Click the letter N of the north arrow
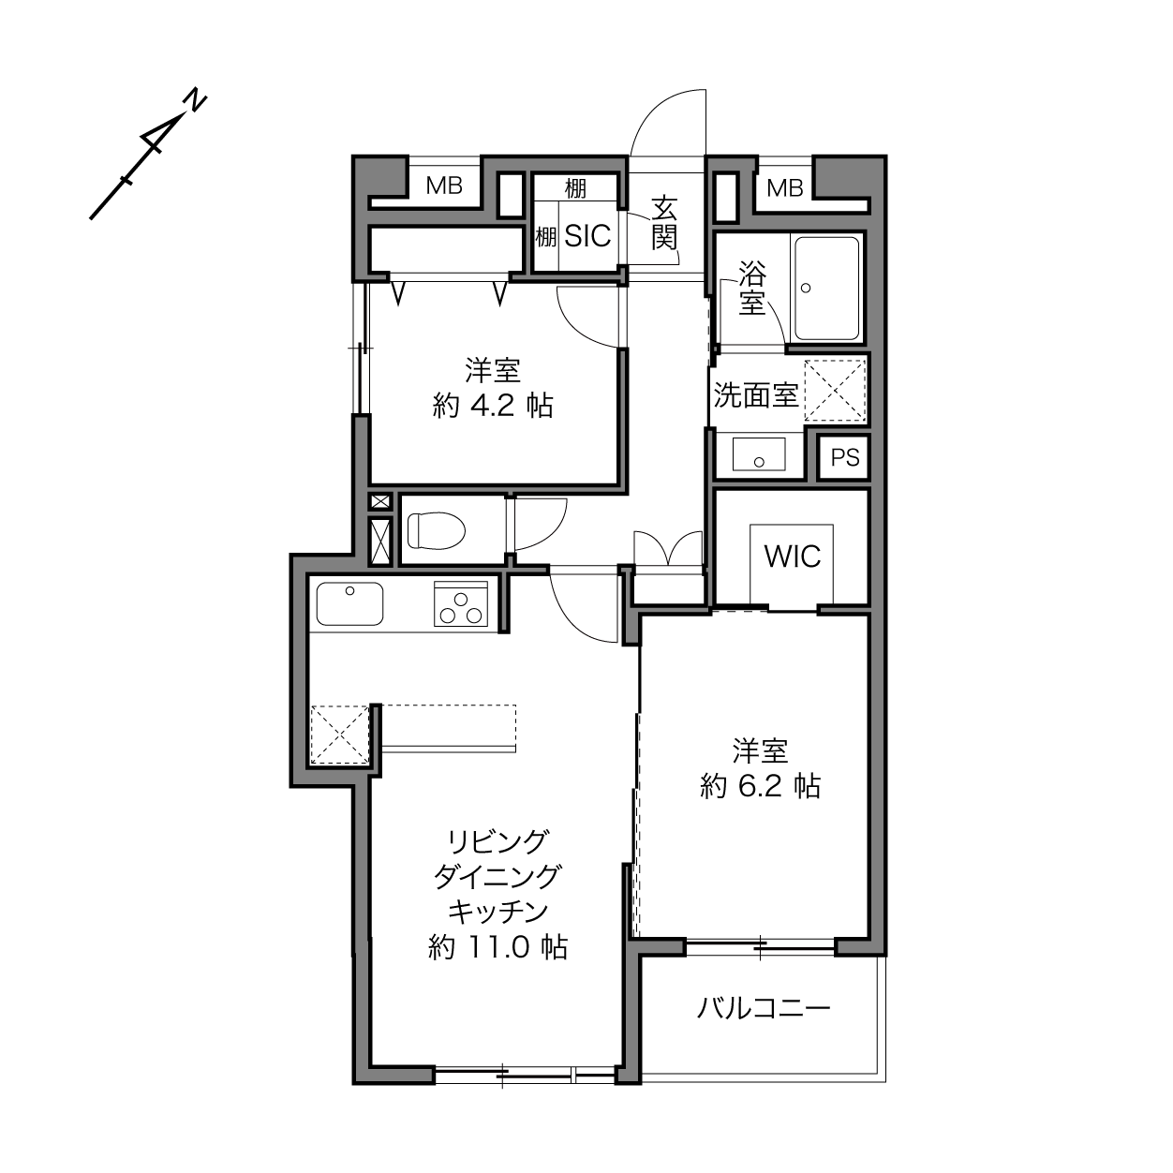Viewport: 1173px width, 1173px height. [x=195, y=100]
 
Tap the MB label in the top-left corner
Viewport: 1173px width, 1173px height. [x=444, y=186]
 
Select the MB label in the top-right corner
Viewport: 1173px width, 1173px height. [x=784, y=188]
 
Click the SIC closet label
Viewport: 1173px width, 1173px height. [x=587, y=235]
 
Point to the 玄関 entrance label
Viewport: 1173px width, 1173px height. [x=664, y=223]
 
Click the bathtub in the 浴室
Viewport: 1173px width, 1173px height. [x=827, y=290]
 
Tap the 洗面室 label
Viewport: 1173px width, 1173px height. [x=755, y=395]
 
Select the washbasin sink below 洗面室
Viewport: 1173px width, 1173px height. [x=759, y=453]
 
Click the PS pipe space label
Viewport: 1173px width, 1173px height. [x=845, y=456]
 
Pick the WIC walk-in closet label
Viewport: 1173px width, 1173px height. [x=793, y=556]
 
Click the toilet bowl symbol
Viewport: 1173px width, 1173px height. [x=437, y=530]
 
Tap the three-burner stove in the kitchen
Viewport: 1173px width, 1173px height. [x=461, y=604]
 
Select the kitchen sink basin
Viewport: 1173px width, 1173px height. [x=350, y=603]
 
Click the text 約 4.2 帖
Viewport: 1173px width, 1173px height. [x=493, y=406]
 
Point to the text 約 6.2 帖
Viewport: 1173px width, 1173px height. [x=760, y=786]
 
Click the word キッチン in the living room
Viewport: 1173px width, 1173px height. [x=497, y=912]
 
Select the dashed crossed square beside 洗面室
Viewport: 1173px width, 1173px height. [x=835, y=390]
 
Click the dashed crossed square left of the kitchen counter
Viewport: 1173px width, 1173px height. [x=340, y=734]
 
